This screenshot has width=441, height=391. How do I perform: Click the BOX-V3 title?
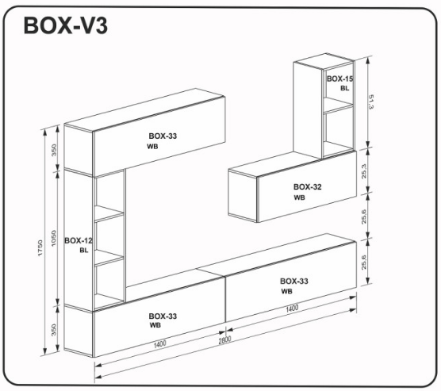(66, 25)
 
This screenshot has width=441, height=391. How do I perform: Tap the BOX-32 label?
(308, 187)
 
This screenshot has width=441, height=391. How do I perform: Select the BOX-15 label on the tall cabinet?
(339, 79)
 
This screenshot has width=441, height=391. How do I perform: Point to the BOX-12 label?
(79, 240)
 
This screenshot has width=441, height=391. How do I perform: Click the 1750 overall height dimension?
(40, 247)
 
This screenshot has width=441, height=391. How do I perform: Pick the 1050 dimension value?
(54, 238)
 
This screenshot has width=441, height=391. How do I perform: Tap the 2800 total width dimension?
(224, 339)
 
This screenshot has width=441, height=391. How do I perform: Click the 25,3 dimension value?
(364, 171)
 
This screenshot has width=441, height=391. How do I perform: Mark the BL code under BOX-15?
(345, 88)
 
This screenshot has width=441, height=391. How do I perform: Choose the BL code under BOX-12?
(84, 250)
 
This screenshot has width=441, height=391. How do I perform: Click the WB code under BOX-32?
(299, 197)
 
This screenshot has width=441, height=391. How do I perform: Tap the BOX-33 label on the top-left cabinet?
(163, 136)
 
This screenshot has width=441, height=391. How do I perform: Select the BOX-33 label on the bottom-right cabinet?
(294, 281)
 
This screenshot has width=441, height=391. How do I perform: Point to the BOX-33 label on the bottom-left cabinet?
(163, 316)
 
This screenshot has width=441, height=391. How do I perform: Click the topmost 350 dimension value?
(54, 150)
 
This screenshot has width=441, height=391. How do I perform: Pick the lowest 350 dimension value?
(54, 330)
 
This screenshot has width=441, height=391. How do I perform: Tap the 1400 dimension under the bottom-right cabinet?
(292, 309)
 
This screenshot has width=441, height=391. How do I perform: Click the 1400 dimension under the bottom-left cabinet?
(160, 343)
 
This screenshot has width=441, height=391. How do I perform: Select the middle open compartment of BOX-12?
(109, 236)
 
